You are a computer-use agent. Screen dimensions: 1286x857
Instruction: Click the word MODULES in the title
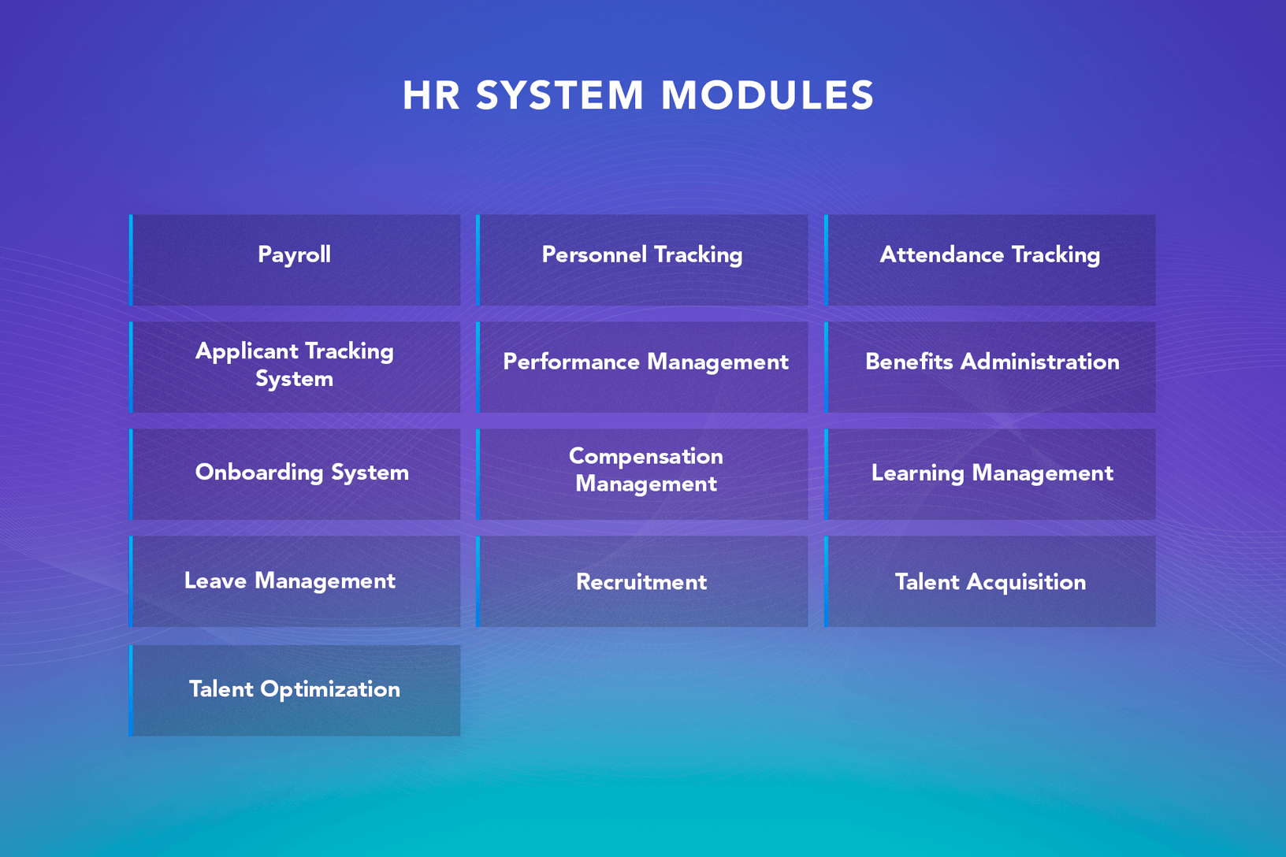768,95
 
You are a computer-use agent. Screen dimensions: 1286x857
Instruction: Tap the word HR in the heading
431,95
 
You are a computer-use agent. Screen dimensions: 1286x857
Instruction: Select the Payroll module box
295,260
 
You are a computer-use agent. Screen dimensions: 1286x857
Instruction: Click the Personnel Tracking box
642,260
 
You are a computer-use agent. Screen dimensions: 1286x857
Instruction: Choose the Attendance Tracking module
990,260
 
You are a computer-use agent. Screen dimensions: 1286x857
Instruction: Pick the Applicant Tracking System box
295,367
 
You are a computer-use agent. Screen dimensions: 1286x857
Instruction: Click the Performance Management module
642,367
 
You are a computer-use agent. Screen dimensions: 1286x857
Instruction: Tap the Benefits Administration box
990,367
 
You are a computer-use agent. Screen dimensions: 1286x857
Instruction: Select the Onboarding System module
295,474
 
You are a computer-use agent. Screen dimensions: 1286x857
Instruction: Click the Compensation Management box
642,474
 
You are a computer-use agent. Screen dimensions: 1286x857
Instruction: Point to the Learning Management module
990,474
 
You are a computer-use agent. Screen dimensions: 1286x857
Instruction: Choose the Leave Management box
295,581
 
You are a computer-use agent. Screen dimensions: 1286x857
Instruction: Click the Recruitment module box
642,581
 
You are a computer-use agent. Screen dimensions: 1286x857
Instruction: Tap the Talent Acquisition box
990,581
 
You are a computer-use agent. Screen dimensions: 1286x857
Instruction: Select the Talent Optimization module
295,690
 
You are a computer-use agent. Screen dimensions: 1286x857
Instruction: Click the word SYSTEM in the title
559,95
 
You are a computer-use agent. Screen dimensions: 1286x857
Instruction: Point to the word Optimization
330,689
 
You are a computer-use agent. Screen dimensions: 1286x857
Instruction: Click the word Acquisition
1026,583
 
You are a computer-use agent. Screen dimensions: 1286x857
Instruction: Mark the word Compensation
646,457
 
